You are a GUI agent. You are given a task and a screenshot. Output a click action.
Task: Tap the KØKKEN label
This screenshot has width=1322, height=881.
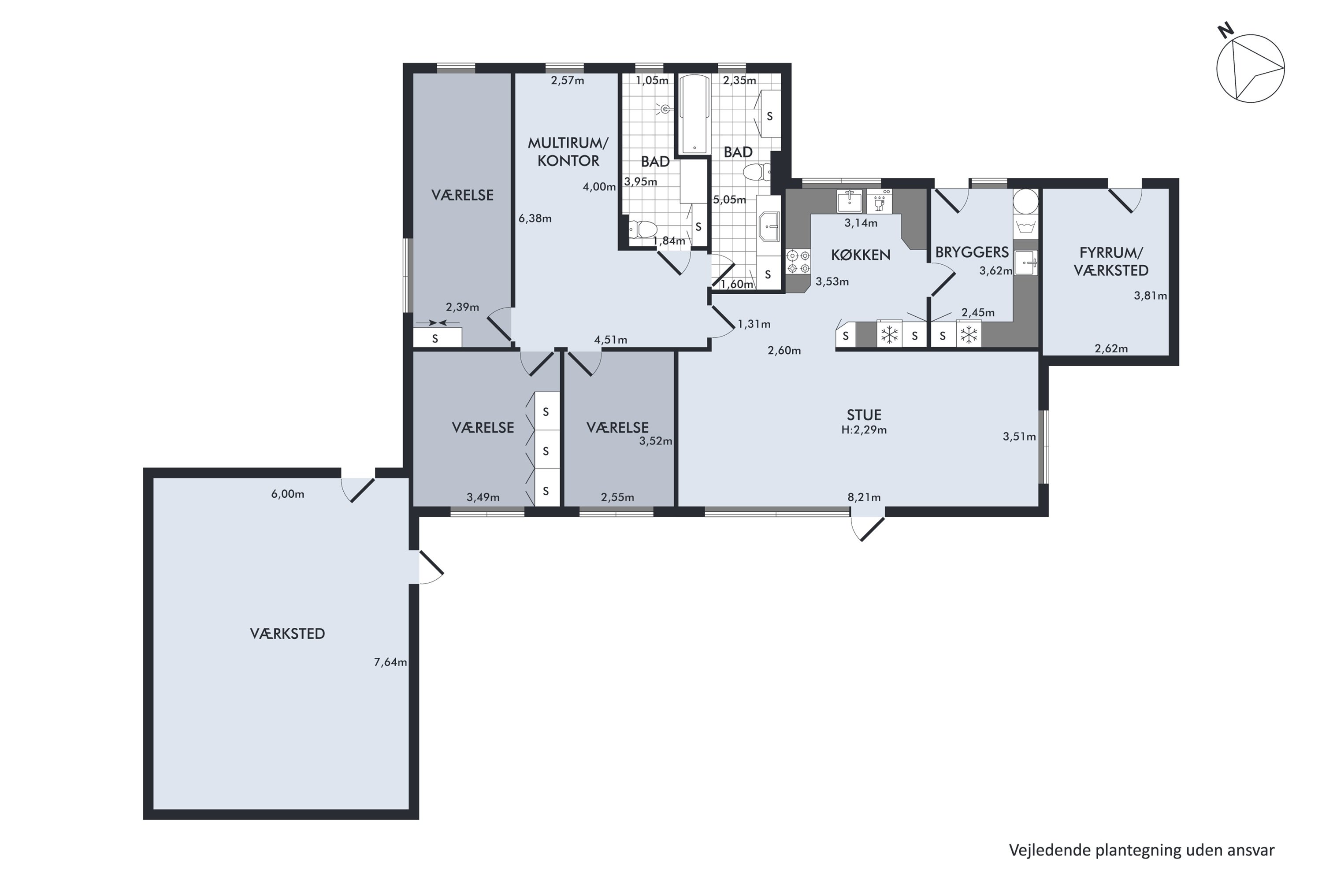tap(861, 255)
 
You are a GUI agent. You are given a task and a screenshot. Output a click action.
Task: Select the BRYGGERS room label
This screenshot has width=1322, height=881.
tap(972, 252)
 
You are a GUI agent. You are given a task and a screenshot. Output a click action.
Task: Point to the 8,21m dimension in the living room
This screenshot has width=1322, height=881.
tap(864, 497)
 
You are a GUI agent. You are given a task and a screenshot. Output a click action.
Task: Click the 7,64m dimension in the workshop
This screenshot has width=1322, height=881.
tap(390, 663)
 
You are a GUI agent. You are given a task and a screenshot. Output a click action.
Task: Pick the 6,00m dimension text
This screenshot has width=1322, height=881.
tap(287, 494)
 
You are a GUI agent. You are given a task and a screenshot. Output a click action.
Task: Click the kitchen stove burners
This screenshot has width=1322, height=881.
tap(798, 262)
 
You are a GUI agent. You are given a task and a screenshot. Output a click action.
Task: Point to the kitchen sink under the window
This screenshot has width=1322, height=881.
tap(849, 200)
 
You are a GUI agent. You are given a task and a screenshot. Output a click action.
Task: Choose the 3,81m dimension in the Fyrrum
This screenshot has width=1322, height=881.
tap(1150, 296)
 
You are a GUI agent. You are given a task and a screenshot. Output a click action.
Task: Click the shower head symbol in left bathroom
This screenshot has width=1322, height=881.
tap(665, 109)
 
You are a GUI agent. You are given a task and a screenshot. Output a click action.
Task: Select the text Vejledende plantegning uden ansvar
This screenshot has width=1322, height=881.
tap(1142, 850)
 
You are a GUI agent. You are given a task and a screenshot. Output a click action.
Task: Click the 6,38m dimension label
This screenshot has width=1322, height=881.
tap(535, 218)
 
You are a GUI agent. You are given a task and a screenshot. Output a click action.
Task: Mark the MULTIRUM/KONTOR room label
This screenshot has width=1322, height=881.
tap(568, 152)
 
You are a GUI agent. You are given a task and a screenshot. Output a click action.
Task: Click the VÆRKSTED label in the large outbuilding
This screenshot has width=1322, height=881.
tap(287, 634)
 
